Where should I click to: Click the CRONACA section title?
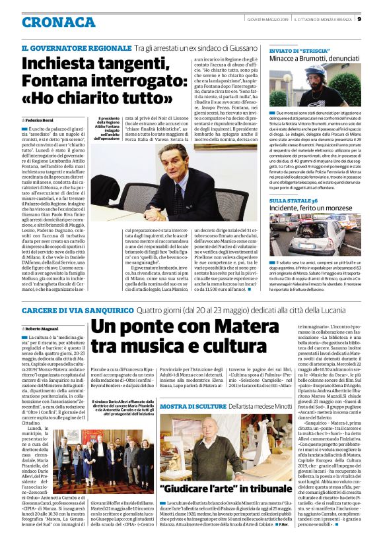(59, 22)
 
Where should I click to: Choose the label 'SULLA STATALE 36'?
(293, 199)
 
